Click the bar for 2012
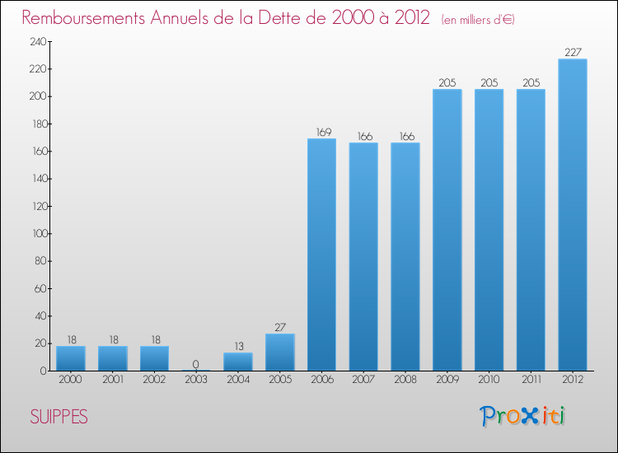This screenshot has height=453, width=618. [x=573, y=215]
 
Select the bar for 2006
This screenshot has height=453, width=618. [x=321, y=255]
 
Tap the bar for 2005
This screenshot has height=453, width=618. [x=279, y=353]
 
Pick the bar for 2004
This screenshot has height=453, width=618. [x=238, y=362]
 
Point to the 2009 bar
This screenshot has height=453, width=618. [x=447, y=230]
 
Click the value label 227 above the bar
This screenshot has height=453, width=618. [x=573, y=52]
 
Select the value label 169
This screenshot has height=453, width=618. [x=321, y=132]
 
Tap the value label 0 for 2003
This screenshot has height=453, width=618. [x=196, y=364]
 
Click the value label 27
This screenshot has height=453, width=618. [x=279, y=327]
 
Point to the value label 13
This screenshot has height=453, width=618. [x=238, y=346]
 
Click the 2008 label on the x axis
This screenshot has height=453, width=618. [x=405, y=381]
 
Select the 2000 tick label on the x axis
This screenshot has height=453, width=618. [x=71, y=381]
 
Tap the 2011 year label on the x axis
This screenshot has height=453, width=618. [x=531, y=381]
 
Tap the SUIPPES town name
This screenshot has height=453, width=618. [x=59, y=417]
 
